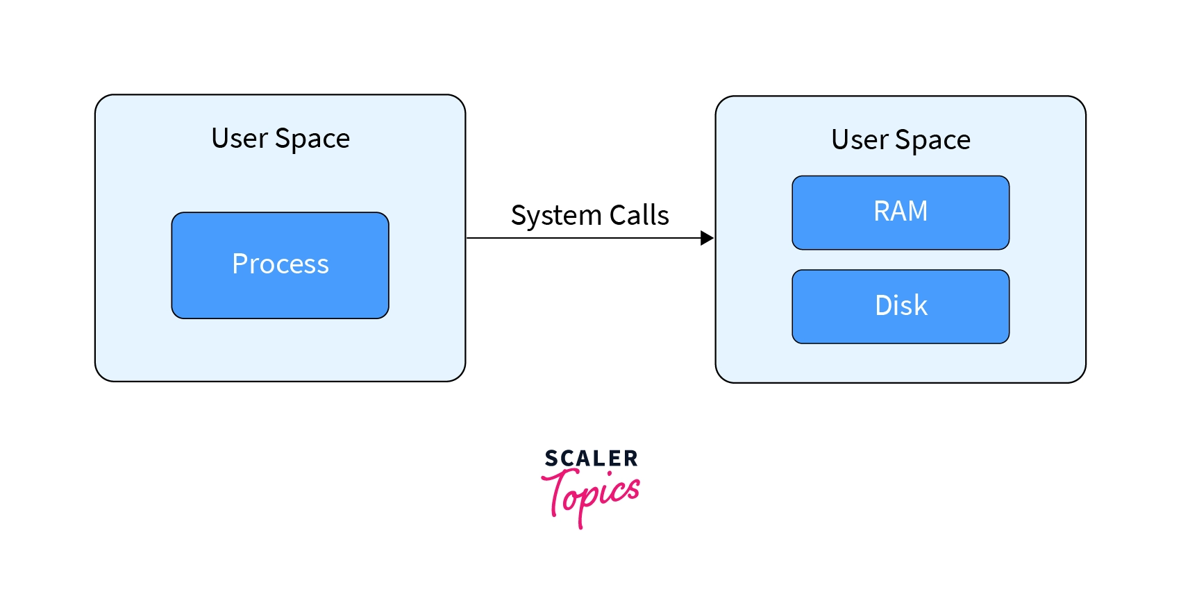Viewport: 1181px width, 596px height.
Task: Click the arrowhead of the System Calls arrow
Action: point(707,238)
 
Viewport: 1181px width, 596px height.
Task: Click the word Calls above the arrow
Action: point(639,215)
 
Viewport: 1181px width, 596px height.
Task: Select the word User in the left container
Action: point(240,138)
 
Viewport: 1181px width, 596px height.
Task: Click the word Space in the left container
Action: point(312,139)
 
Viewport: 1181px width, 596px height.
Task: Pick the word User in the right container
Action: point(860,139)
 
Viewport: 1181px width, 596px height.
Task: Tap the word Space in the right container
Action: point(932,140)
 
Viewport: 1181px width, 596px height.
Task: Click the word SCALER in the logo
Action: point(591,459)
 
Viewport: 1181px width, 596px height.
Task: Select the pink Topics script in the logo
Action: point(594,494)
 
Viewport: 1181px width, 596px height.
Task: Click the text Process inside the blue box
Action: point(280,264)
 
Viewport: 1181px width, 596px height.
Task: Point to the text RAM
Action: point(901,211)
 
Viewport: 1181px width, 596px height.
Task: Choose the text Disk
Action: point(901,305)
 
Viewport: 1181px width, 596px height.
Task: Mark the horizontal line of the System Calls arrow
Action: point(583,238)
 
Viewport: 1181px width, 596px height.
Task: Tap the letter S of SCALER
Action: point(551,459)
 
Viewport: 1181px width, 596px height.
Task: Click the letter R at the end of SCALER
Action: point(630,459)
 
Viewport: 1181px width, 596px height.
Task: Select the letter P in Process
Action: point(240,264)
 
